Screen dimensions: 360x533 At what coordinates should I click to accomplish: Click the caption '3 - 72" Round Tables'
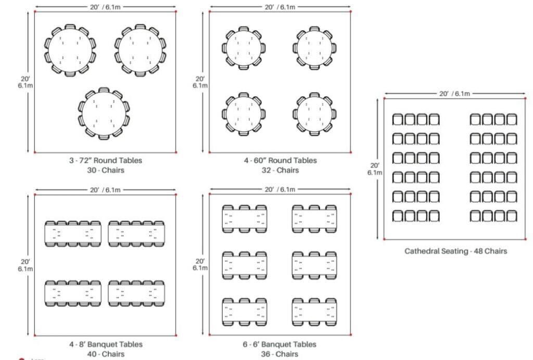pos(106,160)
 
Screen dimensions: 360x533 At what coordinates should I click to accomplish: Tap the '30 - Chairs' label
pos(106,170)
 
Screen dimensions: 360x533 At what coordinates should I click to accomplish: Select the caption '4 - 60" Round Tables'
pos(280,160)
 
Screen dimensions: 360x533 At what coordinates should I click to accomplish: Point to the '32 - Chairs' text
pos(280,170)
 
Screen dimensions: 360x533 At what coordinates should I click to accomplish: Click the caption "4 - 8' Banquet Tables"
pos(106,344)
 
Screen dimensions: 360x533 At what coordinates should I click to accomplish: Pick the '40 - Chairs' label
pos(106,354)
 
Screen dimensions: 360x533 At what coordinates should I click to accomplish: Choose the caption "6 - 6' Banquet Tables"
pos(280,344)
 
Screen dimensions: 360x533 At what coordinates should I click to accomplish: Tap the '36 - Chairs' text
pos(280,354)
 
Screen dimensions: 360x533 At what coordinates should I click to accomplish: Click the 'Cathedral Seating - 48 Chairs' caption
pos(455,251)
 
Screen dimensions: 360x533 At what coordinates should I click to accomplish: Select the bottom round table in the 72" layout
pos(104,113)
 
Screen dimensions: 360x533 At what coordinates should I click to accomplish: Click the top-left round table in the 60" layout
pos(244,47)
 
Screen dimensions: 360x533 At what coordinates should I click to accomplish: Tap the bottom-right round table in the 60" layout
pos(314,114)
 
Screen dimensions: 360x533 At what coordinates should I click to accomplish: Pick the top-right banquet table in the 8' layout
pos(137,234)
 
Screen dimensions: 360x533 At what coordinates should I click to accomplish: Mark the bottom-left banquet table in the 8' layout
pos(72,293)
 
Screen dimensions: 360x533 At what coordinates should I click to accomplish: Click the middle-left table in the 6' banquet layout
pos(245,265)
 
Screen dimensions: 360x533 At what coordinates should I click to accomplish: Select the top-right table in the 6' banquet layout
pos(314,218)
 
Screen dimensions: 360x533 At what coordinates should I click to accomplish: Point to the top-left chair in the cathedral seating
pos(398,119)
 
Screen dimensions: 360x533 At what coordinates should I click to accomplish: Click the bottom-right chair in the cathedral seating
pos(512,215)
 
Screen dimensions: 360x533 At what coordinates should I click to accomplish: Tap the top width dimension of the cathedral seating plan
pos(455,94)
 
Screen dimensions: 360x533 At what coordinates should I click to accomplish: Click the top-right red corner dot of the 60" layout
pos(351,11)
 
